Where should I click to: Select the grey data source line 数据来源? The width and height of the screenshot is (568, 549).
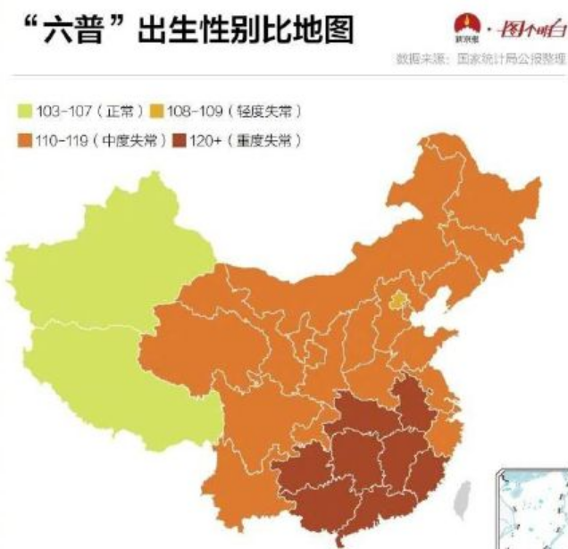click(x=480, y=59)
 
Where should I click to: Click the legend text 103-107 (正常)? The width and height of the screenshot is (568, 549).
click(x=88, y=112)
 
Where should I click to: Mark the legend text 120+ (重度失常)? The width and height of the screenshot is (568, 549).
click(x=243, y=141)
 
